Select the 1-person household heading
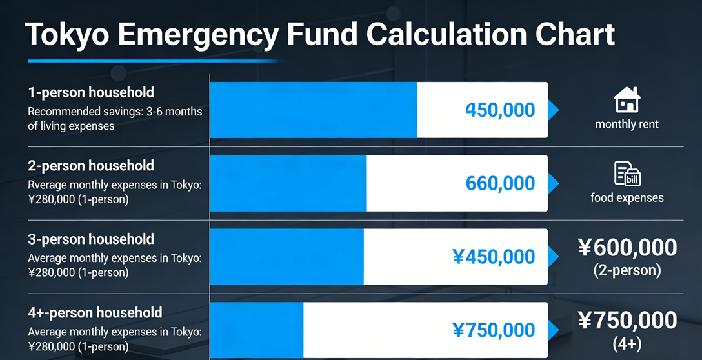pyautogui.click(x=91, y=92)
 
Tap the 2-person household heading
pyautogui.click(x=91, y=166)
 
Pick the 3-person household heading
pyautogui.click(x=91, y=239)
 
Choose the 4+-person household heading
pyautogui.click(x=95, y=313)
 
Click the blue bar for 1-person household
pyautogui.click(x=314, y=110)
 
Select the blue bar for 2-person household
pyautogui.click(x=288, y=183)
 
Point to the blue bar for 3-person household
pyautogui.click(x=287, y=257)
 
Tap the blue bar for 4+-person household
pyautogui.click(x=257, y=330)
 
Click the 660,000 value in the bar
pyautogui.click(x=500, y=184)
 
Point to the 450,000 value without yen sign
pyautogui.click(x=500, y=110)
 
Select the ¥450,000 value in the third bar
pyautogui.click(x=494, y=257)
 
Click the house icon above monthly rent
pyautogui.click(x=627, y=101)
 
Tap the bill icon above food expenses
pyautogui.click(x=627, y=174)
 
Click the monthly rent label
pyautogui.click(x=627, y=124)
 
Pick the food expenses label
pyautogui.click(x=627, y=197)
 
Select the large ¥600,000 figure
pyautogui.click(x=627, y=247)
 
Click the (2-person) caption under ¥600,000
pyautogui.click(x=627, y=270)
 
